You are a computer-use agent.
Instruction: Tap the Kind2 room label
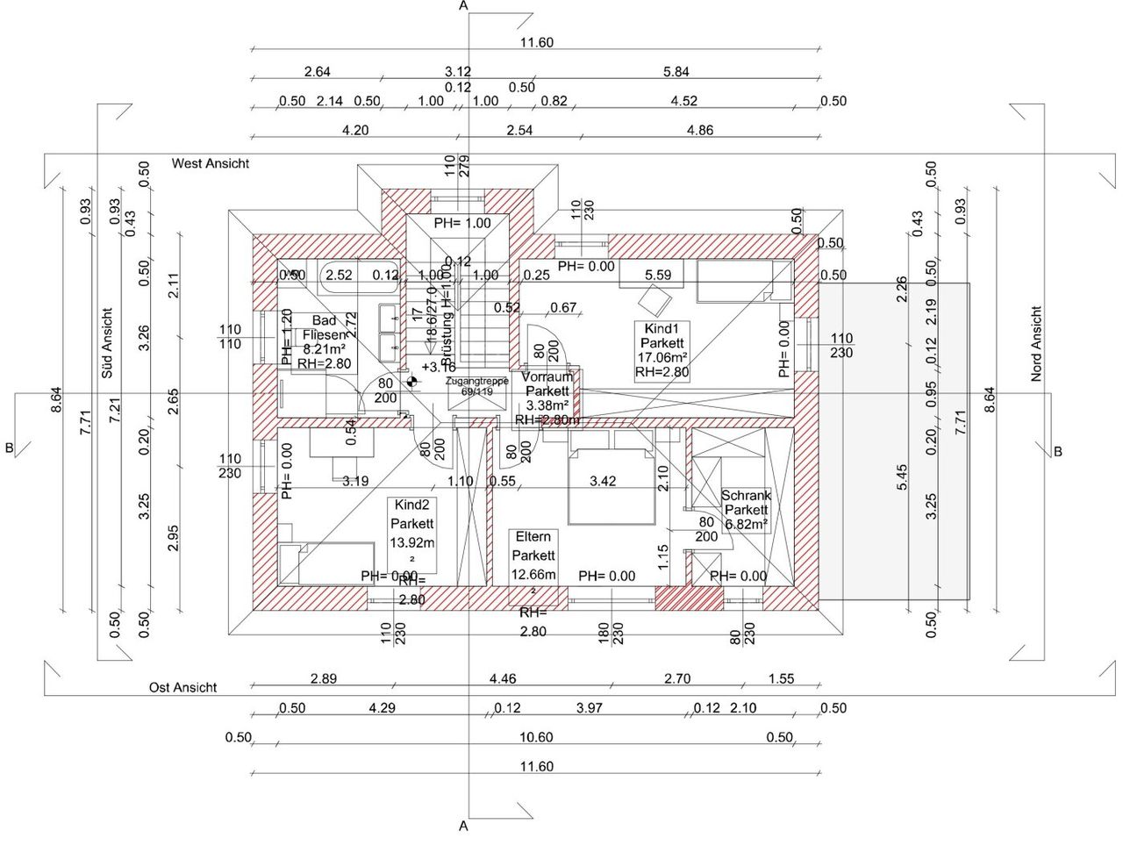[x=411, y=506]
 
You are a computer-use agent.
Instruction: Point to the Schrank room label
[x=746, y=496]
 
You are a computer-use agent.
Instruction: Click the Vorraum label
[x=547, y=377]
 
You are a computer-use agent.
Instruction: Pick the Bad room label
[x=325, y=320]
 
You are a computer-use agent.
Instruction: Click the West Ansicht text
[x=211, y=163]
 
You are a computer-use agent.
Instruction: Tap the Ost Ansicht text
[x=182, y=688]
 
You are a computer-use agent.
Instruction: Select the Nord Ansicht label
[x=1036, y=343]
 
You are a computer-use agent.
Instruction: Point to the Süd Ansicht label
[x=107, y=343]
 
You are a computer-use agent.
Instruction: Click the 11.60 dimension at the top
[x=536, y=42]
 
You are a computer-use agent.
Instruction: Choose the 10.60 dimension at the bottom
[x=536, y=737]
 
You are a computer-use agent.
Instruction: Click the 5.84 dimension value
[x=676, y=72]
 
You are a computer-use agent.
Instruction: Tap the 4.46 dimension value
[x=503, y=678]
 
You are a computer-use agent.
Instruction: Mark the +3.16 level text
[x=438, y=367]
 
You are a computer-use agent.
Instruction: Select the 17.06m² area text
[x=662, y=357]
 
